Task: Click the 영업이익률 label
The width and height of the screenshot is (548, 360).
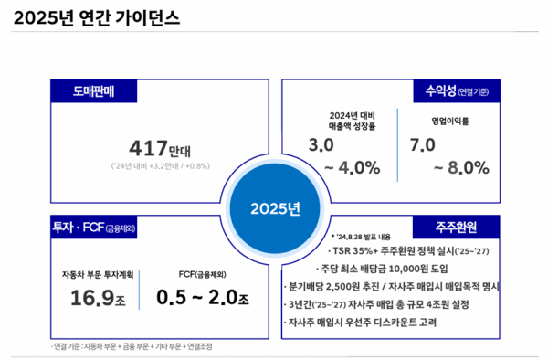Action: click(451, 121)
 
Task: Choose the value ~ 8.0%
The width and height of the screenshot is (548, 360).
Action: click(462, 169)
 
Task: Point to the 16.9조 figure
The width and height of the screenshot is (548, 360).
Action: click(99, 297)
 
